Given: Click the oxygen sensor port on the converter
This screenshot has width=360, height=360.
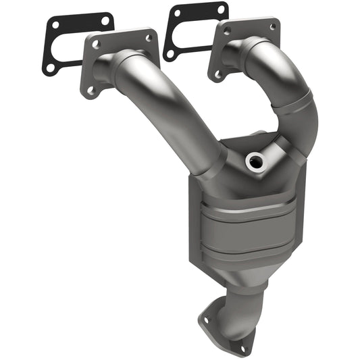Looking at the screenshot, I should [255, 160].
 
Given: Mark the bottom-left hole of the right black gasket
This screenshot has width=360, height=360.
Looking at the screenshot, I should [172, 53].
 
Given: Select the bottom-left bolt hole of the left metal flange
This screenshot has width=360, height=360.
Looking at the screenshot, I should [90, 88].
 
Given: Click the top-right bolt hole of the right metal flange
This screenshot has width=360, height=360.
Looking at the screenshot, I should [272, 26].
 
